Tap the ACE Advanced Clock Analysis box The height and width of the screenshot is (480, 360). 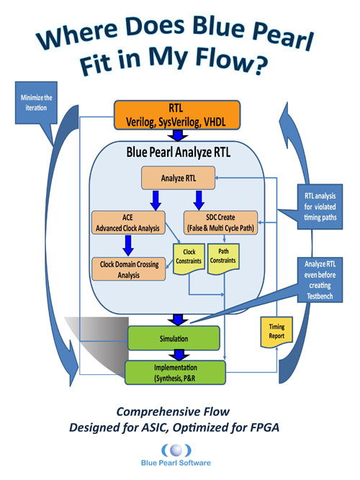(x=127, y=224)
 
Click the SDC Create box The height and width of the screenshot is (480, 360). (x=221, y=223)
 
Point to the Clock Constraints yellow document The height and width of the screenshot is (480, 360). (x=189, y=258)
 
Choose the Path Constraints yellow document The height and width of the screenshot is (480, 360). (x=223, y=258)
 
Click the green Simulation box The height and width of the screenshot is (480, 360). (x=176, y=337)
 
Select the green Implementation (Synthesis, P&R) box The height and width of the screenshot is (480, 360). (x=176, y=372)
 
